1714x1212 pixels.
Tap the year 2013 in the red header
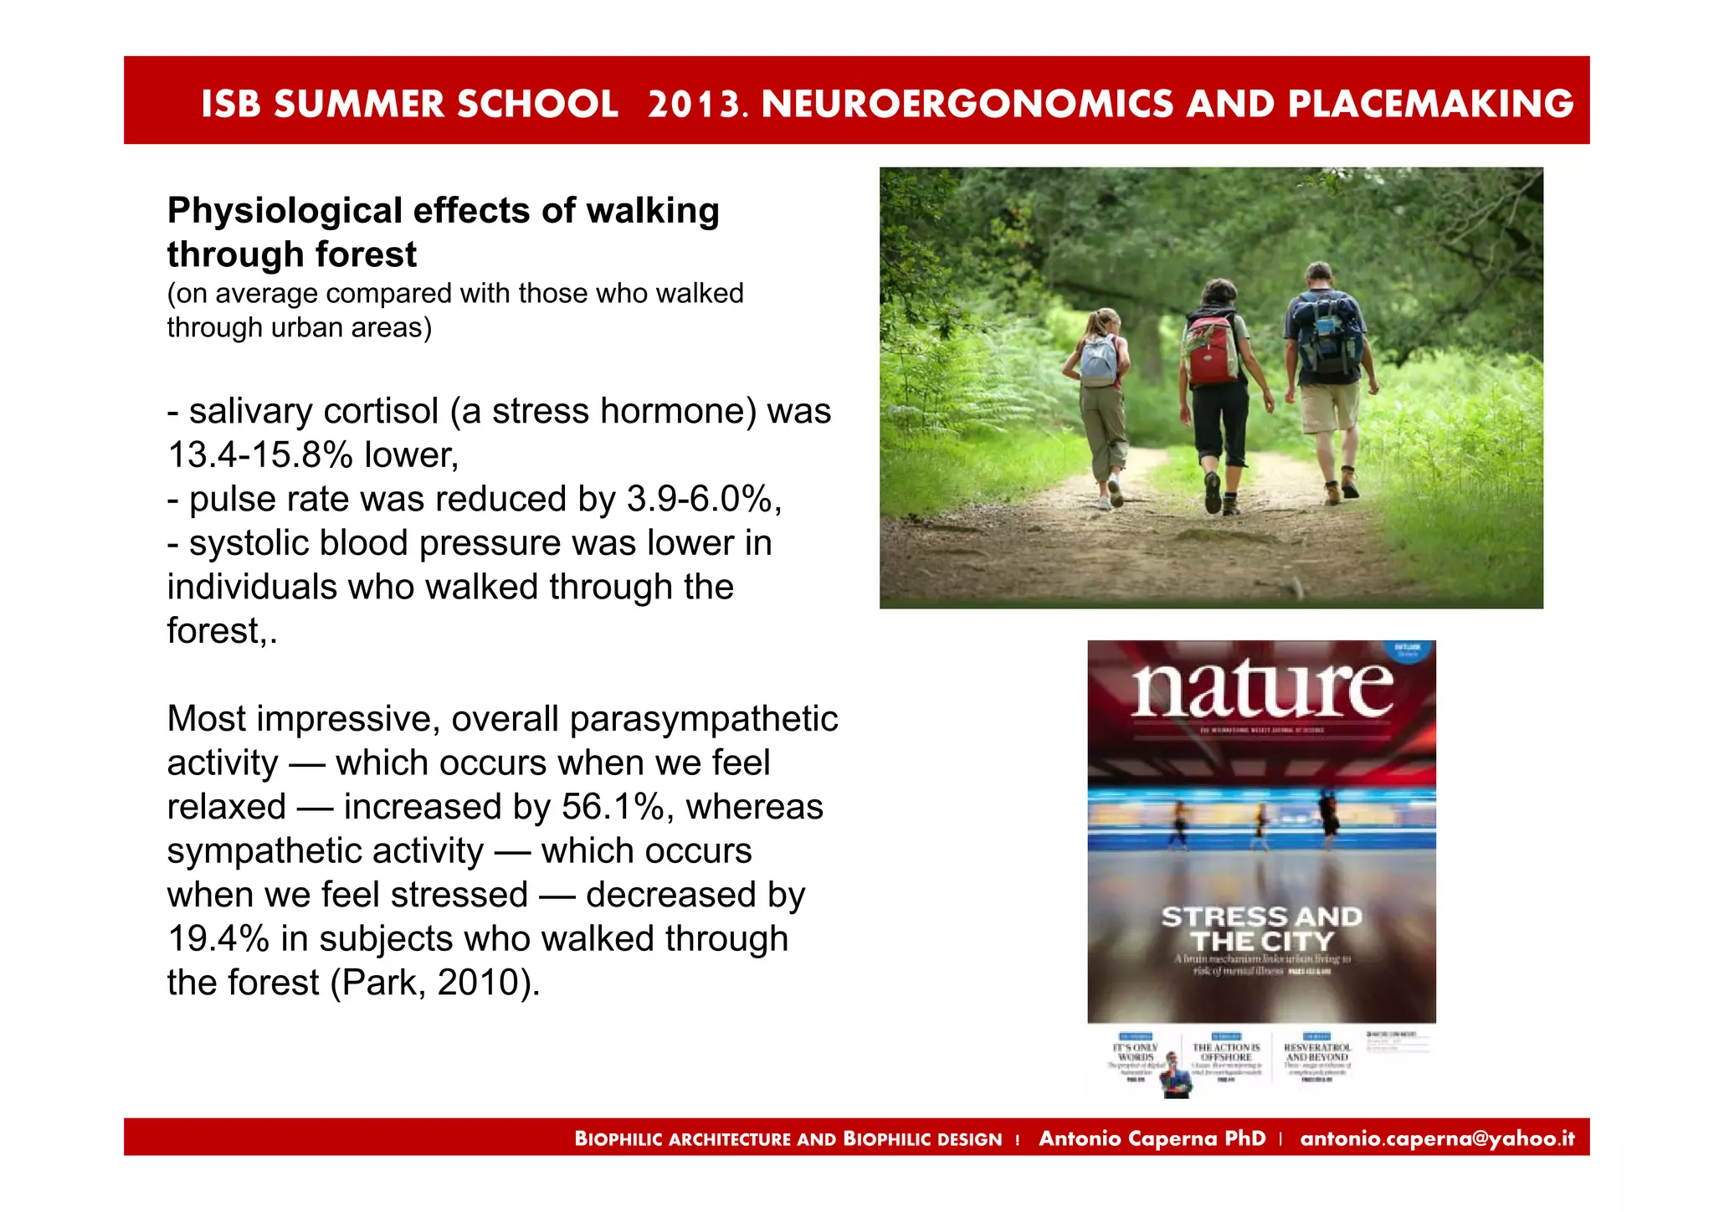[x=694, y=104]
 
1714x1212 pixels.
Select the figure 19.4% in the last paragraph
[x=218, y=939]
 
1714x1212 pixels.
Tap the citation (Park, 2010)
[x=435, y=983]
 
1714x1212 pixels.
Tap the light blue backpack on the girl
[x=1098, y=359]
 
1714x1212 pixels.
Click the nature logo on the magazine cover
[x=1262, y=689]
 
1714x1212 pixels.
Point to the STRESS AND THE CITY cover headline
[x=1262, y=929]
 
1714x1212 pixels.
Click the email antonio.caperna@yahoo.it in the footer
[x=1437, y=1138]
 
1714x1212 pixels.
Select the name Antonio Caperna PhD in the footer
[x=1152, y=1138]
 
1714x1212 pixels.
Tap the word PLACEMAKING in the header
[x=1430, y=104]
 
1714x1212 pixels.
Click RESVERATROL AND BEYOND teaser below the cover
[x=1317, y=1053]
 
